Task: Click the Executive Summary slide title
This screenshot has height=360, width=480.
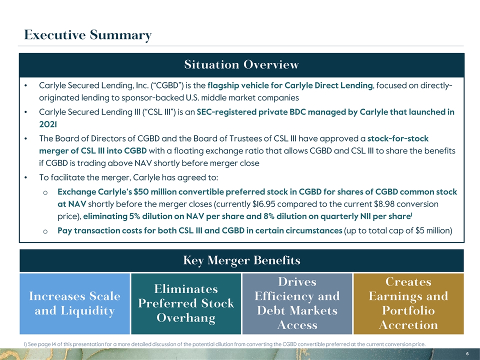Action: click(x=87, y=35)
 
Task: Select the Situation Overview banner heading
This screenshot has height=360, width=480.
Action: click(x=241, y=65)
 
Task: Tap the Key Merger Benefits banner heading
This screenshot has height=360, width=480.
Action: click(x=241, y=260)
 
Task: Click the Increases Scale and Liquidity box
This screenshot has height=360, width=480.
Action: click(x=75, y=303)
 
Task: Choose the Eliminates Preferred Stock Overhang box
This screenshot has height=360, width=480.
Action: click(x=186, y=303)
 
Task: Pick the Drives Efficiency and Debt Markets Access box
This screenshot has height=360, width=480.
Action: click(x=297, y=303)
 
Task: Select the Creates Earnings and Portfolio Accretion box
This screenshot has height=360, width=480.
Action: click(x=408, y=303)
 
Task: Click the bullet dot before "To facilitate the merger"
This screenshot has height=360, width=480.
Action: click(x=25, y=178)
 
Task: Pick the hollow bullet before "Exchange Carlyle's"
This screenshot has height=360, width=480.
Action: click(x=45, y=192)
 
